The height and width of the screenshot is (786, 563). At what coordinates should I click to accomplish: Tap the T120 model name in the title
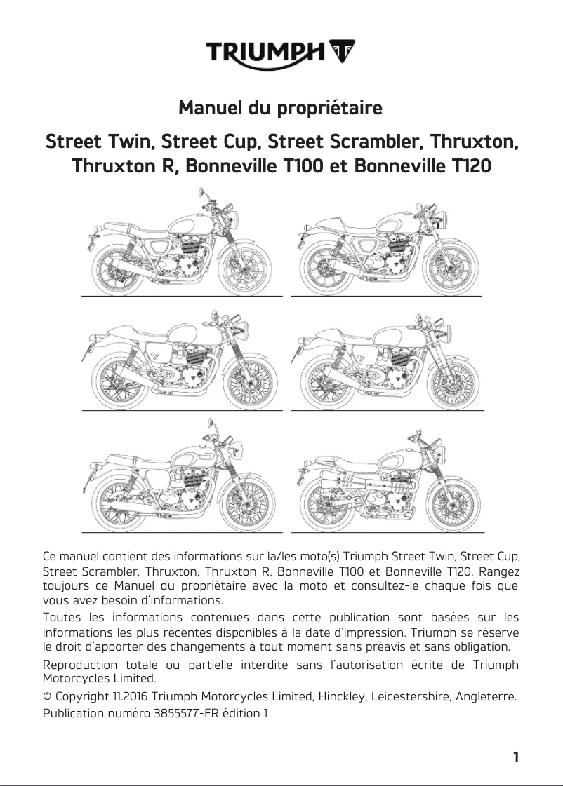(x=471, y=168)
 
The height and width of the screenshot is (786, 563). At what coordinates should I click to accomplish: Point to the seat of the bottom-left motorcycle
(x=133, y=459)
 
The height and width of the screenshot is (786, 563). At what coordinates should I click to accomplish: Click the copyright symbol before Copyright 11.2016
(x=48, y=697)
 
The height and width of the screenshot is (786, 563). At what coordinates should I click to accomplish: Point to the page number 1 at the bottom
(x=516, y=757)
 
